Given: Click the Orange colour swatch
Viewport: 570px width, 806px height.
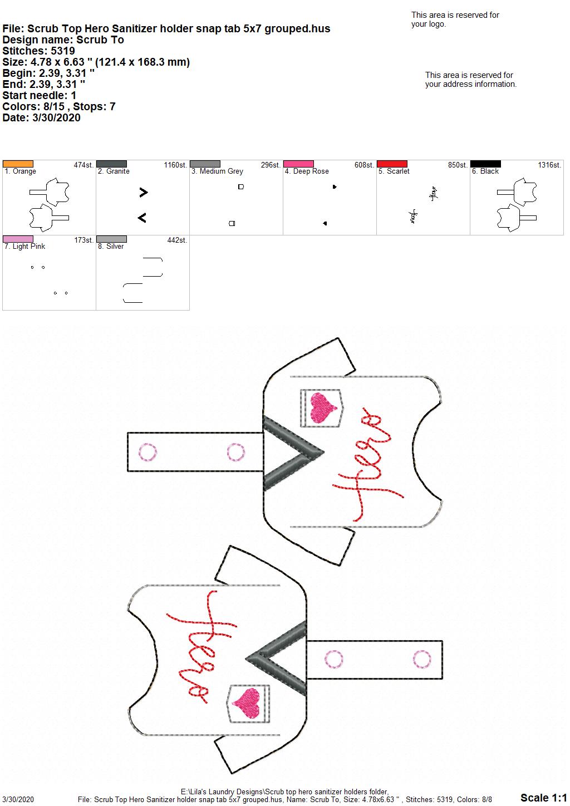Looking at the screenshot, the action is point(18,164).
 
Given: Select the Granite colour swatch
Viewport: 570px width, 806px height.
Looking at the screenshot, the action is point(111,164).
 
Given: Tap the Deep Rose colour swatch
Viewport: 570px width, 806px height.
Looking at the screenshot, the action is point(299,164).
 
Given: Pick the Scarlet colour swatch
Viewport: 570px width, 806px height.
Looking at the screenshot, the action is point(392,164).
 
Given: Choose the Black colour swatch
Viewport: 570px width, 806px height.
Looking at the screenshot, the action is point(486,164).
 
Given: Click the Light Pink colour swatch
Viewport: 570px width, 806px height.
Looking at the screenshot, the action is point(18,239).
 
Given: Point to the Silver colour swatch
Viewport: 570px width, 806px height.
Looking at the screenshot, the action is point(111,239).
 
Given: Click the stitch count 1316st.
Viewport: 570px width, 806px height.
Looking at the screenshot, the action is point(549,165).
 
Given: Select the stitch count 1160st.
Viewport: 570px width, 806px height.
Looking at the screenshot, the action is point(175,165).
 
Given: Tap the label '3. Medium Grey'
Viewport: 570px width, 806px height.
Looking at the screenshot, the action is point(217,171).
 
